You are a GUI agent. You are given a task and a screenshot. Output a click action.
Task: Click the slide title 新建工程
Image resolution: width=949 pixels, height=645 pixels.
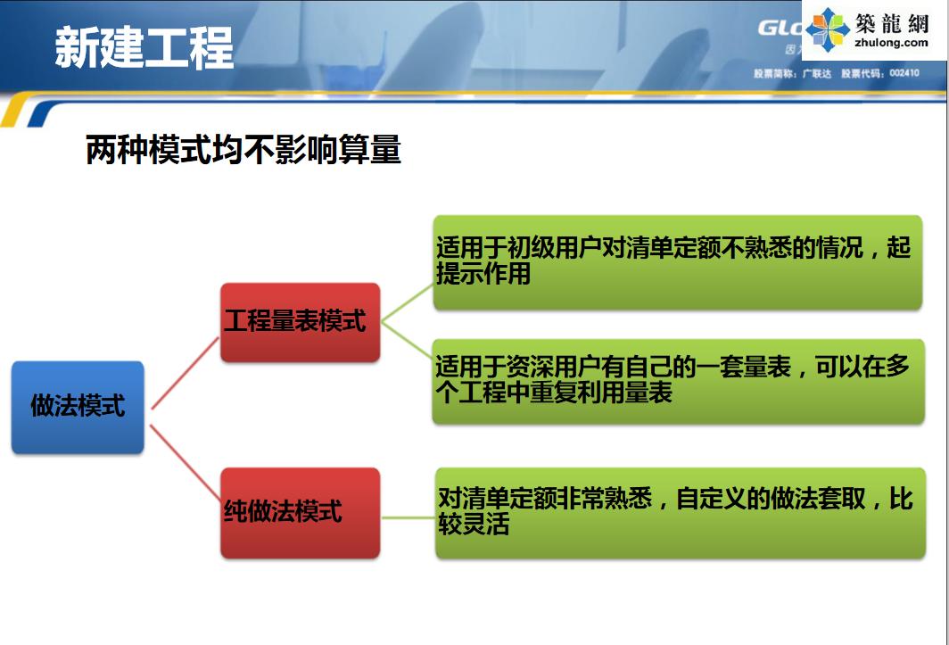click(144, 46)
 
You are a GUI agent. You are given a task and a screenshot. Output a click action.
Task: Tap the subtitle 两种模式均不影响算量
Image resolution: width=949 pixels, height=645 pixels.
click(243, 150)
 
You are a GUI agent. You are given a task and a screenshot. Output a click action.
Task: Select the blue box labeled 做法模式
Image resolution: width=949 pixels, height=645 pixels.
click(78, 407)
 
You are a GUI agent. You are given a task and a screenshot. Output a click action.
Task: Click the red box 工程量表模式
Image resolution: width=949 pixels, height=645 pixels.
click(300, 322)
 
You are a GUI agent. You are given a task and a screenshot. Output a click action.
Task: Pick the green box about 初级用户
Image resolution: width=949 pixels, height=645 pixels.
click(677, 262)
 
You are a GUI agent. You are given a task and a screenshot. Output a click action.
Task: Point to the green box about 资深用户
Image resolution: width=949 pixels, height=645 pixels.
click(677, 381)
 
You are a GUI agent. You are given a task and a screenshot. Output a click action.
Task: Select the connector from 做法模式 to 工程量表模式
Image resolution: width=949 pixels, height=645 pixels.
click(185, 373)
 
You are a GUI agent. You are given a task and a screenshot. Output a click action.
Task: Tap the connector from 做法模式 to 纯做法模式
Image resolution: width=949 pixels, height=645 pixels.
click(185, 461)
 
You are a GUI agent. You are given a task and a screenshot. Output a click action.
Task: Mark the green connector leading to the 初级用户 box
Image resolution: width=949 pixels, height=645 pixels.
click(407, 290)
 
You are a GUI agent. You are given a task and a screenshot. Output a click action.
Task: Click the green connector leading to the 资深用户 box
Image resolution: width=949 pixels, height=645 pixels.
click(407, 350)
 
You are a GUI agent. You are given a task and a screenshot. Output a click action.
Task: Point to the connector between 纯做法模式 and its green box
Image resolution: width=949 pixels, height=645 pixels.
click(408, 515)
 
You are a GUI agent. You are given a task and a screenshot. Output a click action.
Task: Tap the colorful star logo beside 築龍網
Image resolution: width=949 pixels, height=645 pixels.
click(828, 29)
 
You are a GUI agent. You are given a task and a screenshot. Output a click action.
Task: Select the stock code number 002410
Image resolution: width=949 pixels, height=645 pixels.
click(904, 73)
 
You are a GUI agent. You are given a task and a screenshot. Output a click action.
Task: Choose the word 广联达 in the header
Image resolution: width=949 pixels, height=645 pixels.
click(816, 73)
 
